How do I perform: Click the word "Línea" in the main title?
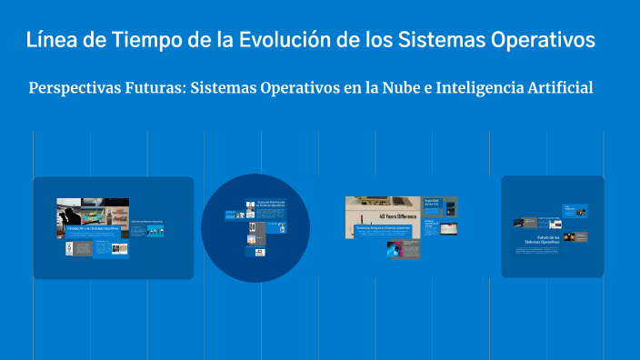(52, 41)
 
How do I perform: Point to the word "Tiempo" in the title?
(145, 41)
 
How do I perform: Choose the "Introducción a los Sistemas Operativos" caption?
(92, 228)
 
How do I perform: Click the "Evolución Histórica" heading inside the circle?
(271, 204)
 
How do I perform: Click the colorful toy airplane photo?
(92, 215)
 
